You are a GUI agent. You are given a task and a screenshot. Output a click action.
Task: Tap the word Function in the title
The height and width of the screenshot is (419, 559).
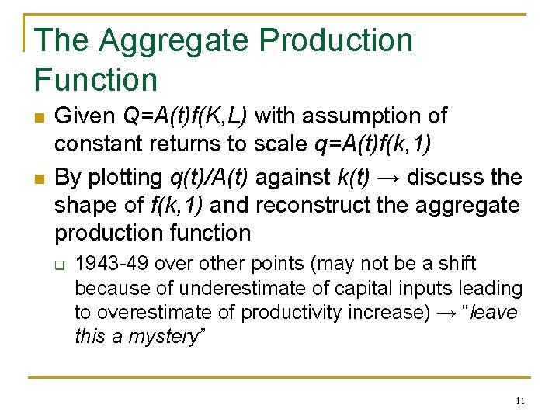click(96, 80)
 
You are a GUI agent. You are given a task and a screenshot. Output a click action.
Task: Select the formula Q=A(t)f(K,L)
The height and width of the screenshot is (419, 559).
click(186, 116)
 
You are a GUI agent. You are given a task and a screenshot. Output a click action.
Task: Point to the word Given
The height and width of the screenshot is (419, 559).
click(85, 116)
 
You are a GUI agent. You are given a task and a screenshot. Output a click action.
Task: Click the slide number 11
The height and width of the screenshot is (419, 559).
click(519, 401)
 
